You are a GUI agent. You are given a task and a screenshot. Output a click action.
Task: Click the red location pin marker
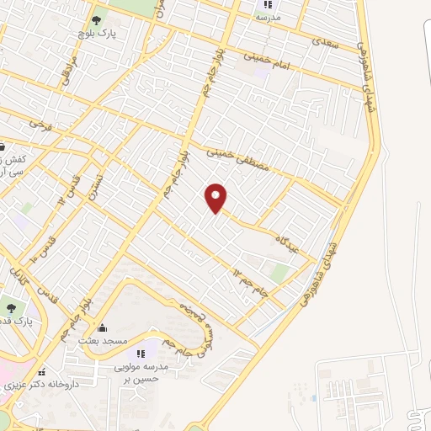tap(217, 198)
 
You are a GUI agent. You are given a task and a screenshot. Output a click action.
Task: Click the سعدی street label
tap(326, 41)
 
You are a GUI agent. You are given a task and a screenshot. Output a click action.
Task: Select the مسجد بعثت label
tap(103, 340)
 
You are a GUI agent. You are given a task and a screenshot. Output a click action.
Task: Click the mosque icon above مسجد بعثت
tap(103, 327)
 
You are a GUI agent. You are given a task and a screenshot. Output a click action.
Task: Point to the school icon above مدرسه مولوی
tap(141, 354)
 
